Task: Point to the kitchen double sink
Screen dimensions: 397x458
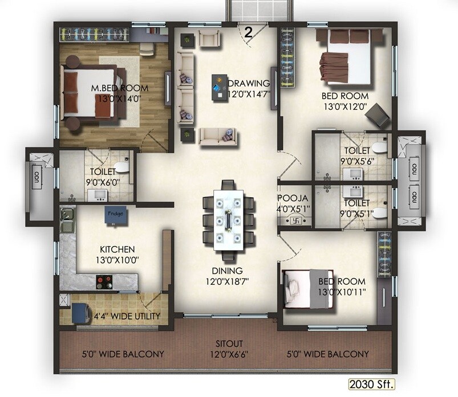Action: coord(67,219)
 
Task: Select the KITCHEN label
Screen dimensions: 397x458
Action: coord(117,249)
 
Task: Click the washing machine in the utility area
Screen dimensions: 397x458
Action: coord(78,313)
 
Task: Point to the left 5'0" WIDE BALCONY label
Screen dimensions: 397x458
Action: coord(123,354)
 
